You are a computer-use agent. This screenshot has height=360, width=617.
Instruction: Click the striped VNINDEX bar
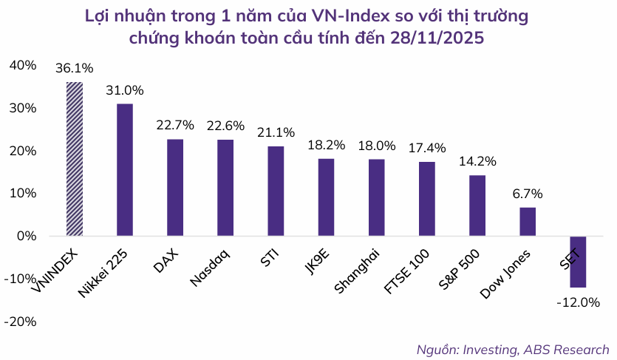(x=75, y=159)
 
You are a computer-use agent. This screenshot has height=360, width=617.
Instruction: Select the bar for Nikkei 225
(x=125, y=170)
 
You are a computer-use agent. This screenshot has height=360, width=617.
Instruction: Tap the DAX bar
(x=175, y=188)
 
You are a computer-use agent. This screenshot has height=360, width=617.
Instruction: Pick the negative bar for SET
(x=578, y=262)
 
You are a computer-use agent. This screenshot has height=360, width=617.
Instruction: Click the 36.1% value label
(x=75, y=69)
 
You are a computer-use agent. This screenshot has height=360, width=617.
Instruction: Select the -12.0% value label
(x=579, y=302)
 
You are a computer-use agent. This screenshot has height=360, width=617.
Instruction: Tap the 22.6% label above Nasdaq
(x=225, y=126)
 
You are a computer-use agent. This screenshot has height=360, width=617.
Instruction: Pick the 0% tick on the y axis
(x=27, y=237)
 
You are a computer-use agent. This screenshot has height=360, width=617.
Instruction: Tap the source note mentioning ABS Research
(x=513, y=349)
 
